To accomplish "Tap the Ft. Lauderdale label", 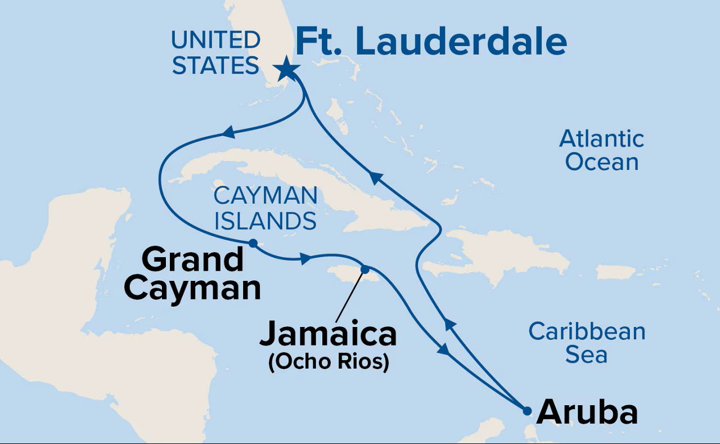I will pyautogui.click(x=430, y=42).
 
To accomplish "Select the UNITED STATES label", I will pyautogui.click(x=215, y=53).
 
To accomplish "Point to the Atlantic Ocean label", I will pyautogui.click(x=601, y=150).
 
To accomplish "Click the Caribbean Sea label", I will pyautogui.click(x=587, y=343).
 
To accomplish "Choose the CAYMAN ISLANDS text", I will pyautogui.click(x=265, y=208).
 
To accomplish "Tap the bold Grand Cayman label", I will pyautogui.click(x=192, y=274).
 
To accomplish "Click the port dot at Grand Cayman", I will pyautogui.click(x=253, y=243).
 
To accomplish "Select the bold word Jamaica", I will pyautogui.click(x=328, y=334).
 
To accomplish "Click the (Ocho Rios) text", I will pyautogui.click(x=329, y=362).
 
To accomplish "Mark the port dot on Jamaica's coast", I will pyautogui.click(x=364, y=269).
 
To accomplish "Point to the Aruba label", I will pyautogui.click(x=587, y=413).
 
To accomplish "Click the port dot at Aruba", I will pyautogui.click(x=526, y=411).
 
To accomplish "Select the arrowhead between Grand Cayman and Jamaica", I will pyautogui.click(x=305, y=259).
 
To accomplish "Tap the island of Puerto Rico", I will pyautogui.click(x=615, y=272).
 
